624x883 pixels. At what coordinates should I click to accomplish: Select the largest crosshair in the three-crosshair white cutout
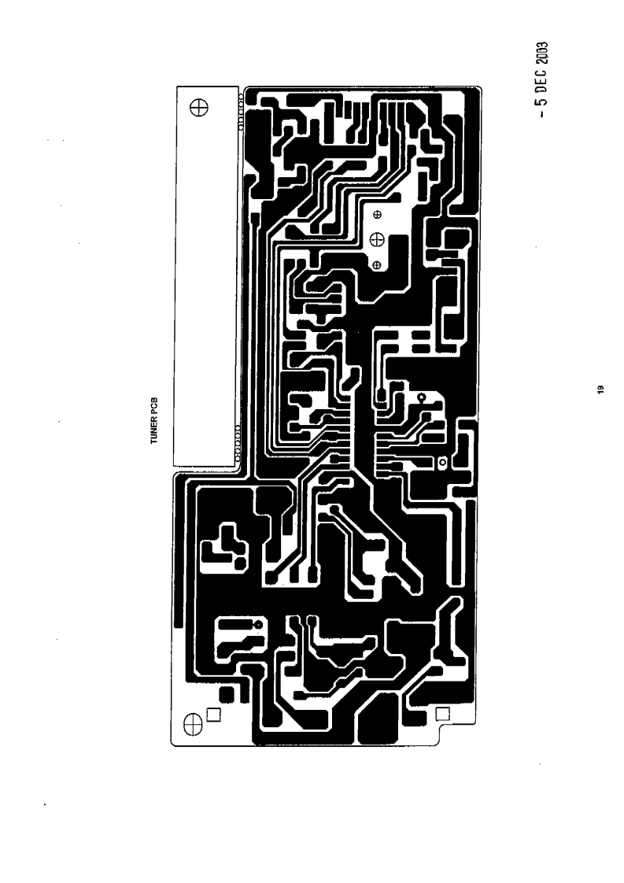coord(376,239)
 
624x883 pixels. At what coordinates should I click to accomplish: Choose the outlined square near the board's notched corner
coord(442,714)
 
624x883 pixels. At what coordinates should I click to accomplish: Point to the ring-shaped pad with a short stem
coord(422,397)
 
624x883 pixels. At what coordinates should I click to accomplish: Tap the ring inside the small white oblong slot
coord(441,463)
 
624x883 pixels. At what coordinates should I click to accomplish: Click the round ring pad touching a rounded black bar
coord(257,626)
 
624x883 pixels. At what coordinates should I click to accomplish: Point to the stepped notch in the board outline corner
coord(444,733)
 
